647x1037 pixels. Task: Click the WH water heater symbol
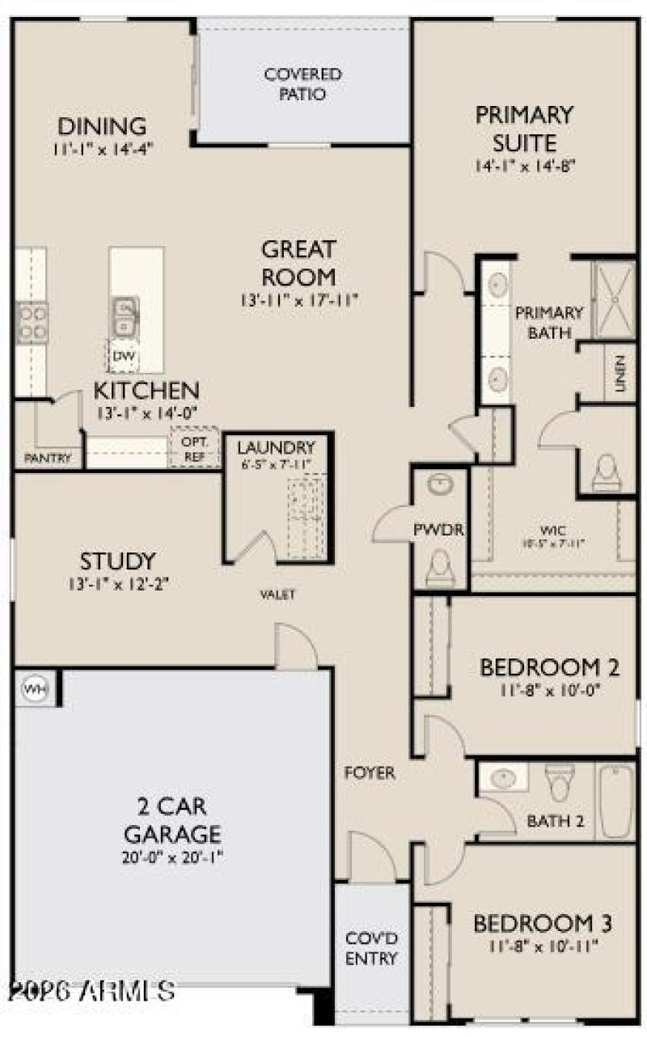coord(33,688)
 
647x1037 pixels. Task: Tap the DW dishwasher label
coord(122,356)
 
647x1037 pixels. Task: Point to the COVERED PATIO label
coord(303,84)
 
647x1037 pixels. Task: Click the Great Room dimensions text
coord(298,300)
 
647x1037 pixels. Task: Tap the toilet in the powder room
coord(439,565)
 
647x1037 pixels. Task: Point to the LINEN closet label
coord(620,374)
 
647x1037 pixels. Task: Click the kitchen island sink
coord(125,315)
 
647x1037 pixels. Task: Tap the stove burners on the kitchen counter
coord(32,321)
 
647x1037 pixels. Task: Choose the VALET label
coord(277,595)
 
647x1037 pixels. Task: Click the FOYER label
coord(370,773)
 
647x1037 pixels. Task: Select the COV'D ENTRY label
coord(372,949)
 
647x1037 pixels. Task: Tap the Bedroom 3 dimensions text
coord(542,946)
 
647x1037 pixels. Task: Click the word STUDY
coord(116,561)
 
